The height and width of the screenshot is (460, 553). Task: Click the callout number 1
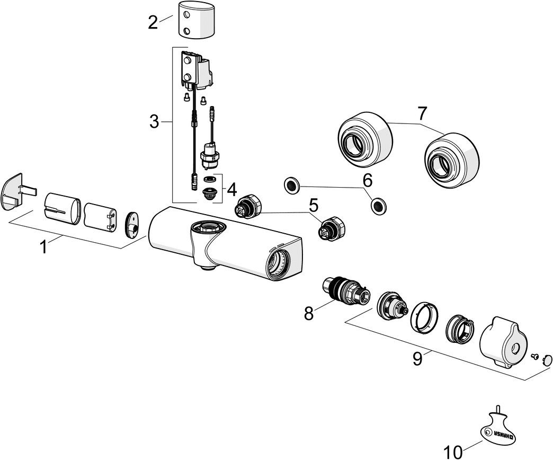tap(44, 247)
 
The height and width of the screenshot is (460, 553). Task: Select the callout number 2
tap(153, 22)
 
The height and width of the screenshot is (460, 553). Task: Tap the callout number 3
tap(154, 122)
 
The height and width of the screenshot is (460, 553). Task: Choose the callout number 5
tap(313, 205)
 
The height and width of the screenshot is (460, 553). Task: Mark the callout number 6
tap(367, 181)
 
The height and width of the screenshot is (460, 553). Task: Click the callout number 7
tap(422, 113)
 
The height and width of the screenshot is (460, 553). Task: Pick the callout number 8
tap(309, 313)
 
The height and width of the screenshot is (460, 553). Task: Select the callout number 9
tap(418, 359)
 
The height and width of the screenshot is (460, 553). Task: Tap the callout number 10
tap(453, 452)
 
